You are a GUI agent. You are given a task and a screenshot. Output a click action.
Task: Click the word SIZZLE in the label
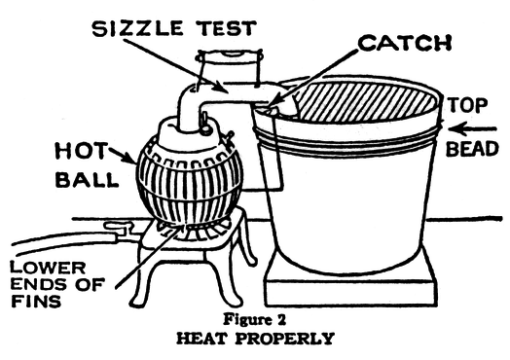pos(137,28)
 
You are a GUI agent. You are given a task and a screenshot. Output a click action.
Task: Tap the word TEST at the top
pos(227,28)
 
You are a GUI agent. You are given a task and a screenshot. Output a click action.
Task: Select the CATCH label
pos(405,43)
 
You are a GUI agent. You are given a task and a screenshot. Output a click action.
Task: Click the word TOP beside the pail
pos(468,105)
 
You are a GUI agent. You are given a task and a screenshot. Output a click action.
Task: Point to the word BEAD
pos(472,149)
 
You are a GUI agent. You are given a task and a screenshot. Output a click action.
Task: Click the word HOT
pos(81,151)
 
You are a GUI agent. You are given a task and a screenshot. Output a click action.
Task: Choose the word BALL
pos(88,179)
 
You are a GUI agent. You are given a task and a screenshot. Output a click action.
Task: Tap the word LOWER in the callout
pos(48,268)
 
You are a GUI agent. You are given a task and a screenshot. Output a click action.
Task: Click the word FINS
pos(36,302)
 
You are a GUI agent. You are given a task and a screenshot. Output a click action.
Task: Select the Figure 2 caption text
pos(255,319)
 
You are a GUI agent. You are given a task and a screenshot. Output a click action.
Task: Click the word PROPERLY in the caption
pos(284,339)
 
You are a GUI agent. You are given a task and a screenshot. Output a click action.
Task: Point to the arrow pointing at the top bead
pos(472,129)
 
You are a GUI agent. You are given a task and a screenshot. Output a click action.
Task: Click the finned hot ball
pos(190,182)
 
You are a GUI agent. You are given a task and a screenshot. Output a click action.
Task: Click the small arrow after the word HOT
pos(123,156)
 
